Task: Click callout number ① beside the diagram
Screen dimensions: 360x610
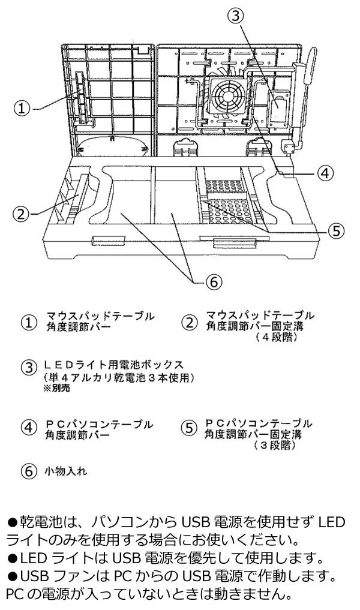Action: tap(22, 108)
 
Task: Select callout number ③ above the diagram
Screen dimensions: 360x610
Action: tap(236, 16)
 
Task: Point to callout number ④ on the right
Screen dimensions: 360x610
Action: tap(325, 173)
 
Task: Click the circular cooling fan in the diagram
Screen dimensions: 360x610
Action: tap(228, 95)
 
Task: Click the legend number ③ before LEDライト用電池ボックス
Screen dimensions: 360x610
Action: tap(29, 368)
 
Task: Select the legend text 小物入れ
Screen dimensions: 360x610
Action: tap(65, 471)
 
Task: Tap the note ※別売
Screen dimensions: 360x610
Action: tap(57, 388)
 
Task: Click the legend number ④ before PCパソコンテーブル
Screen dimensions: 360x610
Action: tap(28, 428)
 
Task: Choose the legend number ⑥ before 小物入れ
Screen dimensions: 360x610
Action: tap(28, 471)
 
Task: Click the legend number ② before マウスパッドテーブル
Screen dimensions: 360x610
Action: tap(190, 323)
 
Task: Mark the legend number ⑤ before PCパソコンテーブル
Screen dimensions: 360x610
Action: tap(189, 428)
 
